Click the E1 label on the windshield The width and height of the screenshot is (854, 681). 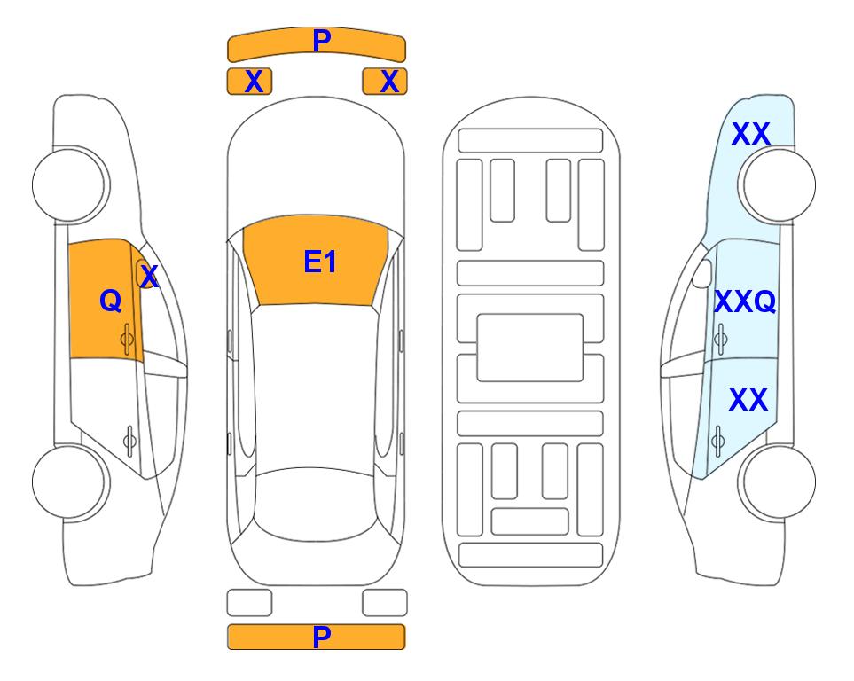point(320,262)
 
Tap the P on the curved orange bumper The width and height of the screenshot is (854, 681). point(322,41)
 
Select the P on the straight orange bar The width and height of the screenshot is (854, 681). point(322,637)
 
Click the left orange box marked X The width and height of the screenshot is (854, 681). point(249,82)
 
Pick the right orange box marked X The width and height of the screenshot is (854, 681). point(385,82)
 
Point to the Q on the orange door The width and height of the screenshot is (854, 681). point(111,301)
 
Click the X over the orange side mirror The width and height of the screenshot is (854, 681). point(149,277)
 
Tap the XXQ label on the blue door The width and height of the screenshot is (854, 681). point(745,301)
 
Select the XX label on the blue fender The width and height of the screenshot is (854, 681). point(750,134)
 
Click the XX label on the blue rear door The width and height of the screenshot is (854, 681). point(748,400)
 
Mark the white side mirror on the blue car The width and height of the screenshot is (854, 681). point(702,273)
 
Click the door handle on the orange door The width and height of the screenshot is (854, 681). point(127,340)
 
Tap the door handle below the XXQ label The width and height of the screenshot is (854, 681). point(721,339)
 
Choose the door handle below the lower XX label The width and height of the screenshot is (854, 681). point(717,441)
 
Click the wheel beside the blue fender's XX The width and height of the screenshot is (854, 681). point(777,184)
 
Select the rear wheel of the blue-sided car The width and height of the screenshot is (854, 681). point(777,481)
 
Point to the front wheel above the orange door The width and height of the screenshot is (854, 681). point(71,184)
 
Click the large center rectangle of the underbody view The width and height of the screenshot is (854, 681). point(530,348)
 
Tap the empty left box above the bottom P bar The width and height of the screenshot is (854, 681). point(249,603)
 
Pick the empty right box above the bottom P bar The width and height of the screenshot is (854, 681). point(385,603)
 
